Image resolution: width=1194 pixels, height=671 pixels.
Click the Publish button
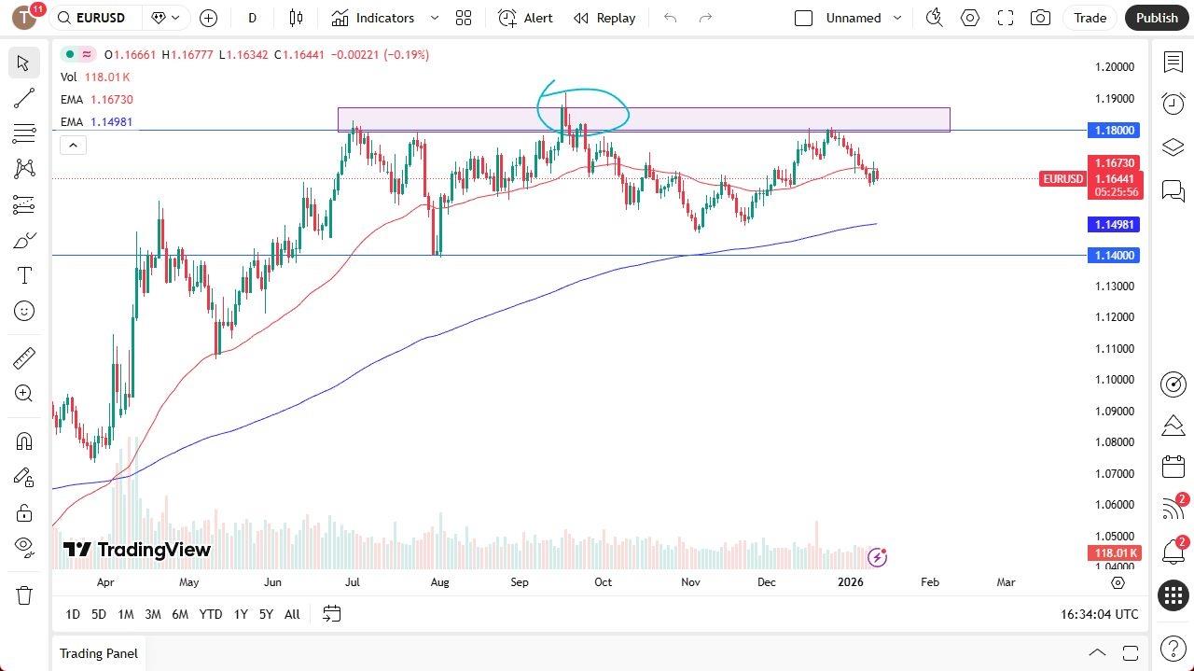point(1157,18)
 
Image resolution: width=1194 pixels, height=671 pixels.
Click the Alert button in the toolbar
point(526,18)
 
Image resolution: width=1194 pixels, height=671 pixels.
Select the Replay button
point(604,18)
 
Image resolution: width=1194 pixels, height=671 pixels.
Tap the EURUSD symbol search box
point(98,18)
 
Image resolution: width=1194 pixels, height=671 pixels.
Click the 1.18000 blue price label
point(1114,131)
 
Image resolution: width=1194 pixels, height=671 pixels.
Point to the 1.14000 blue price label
point(1114,256)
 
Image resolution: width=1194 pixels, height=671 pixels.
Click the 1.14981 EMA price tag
point(1114,225)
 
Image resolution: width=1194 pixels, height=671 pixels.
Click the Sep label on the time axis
point(520,582)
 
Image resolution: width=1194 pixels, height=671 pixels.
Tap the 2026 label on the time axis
point(850,582)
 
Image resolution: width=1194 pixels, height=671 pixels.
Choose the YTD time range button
point(211,614)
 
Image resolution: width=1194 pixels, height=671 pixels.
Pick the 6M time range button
point(180,614)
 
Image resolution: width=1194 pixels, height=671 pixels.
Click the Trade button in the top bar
point(1090,18)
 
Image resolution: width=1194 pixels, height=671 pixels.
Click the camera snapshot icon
point(1040,18)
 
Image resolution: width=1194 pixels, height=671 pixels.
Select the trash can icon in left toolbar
point(24,595)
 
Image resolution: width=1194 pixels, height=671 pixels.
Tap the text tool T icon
point(24,276)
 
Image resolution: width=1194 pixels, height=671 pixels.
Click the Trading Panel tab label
point(98,653)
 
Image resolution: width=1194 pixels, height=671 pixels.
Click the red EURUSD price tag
point(1062,179)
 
